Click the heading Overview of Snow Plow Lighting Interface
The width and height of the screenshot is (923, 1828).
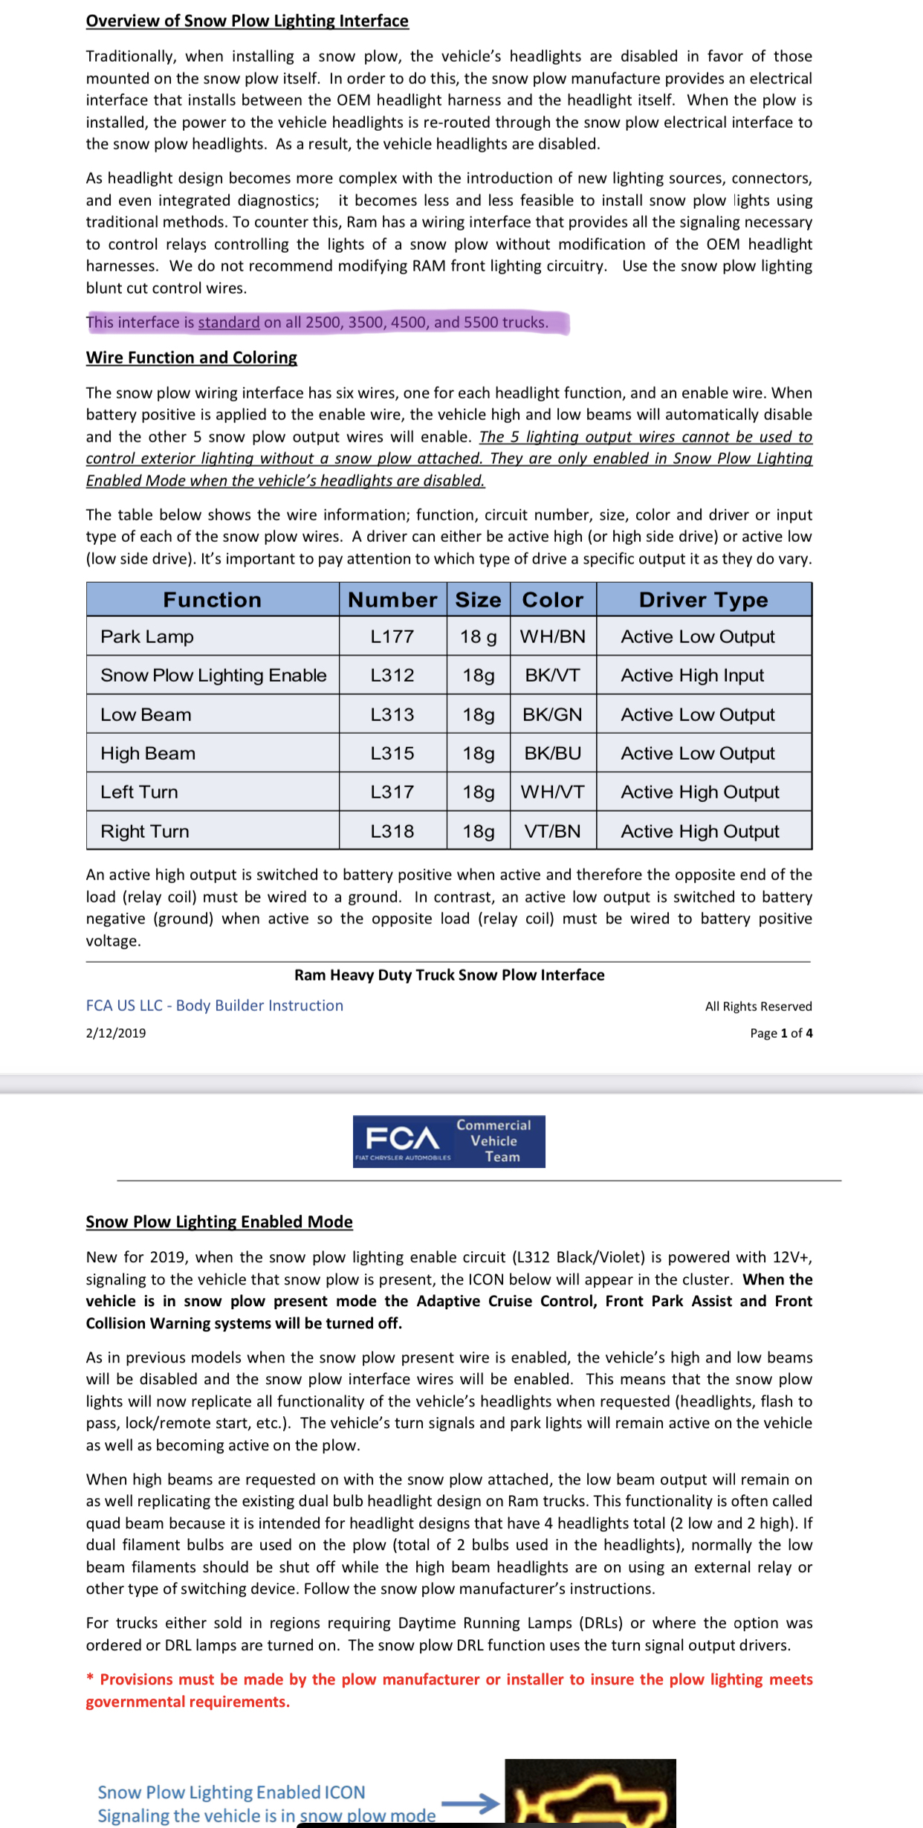click(x=247, y=21)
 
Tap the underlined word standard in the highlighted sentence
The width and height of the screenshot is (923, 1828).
click(x=229, y=323)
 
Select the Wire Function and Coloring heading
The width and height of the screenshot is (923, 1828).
click(x=191, y=358)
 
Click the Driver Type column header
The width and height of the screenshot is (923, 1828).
click(x=703, y=600)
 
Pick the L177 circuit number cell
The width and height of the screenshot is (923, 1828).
click(x=392, y=637)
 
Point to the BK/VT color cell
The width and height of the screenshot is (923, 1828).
click(x=552, y=676)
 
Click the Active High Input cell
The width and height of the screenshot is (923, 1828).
click(x=692, y=676)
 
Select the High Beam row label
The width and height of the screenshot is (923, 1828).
click(x=148, y=754)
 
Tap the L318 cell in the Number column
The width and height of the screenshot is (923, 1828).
click(x=392, y=831)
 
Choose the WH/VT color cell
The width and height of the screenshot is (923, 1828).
click(x=552, y=792)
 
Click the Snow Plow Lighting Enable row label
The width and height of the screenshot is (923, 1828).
click(x=213, y=676)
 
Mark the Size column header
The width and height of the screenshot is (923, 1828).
click(x=478, y=600)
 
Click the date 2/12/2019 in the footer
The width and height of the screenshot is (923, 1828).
click(x=116, y=1033)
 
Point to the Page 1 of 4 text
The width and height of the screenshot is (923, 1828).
click(x=781, y=1033)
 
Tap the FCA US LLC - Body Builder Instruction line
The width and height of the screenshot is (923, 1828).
click(x=214, y=1006)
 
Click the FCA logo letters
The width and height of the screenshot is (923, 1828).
click(x=402, y=1138)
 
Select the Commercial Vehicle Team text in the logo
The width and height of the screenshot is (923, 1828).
click(x=494, y=1141)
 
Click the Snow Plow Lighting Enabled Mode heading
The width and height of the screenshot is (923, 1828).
click(x=219, y=1222)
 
